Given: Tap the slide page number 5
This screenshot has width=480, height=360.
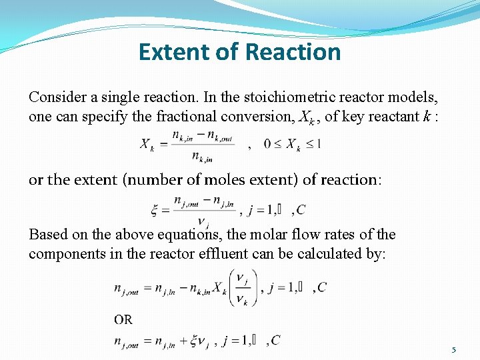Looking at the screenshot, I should point(454,350).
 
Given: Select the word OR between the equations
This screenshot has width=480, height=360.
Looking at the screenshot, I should point(123,319).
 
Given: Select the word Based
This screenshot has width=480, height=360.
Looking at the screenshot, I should point(47,235).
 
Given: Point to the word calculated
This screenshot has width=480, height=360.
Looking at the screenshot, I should point(329,255).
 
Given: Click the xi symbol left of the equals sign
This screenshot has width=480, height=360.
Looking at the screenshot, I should point(155,211).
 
